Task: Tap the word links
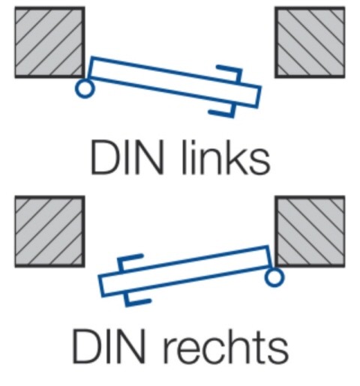tap(226, 157)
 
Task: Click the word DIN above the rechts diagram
tap(127, 157)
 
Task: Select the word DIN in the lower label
tap(109, 346)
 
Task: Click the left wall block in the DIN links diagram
tap(49, 43)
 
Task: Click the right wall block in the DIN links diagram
tap(310, 43)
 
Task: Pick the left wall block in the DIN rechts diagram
tap(49, 232)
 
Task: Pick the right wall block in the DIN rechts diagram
tap(310, 232)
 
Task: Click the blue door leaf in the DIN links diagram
tap(175, 82)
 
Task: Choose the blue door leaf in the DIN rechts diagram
tap(185, 271)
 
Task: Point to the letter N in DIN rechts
tap(132, 346)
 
